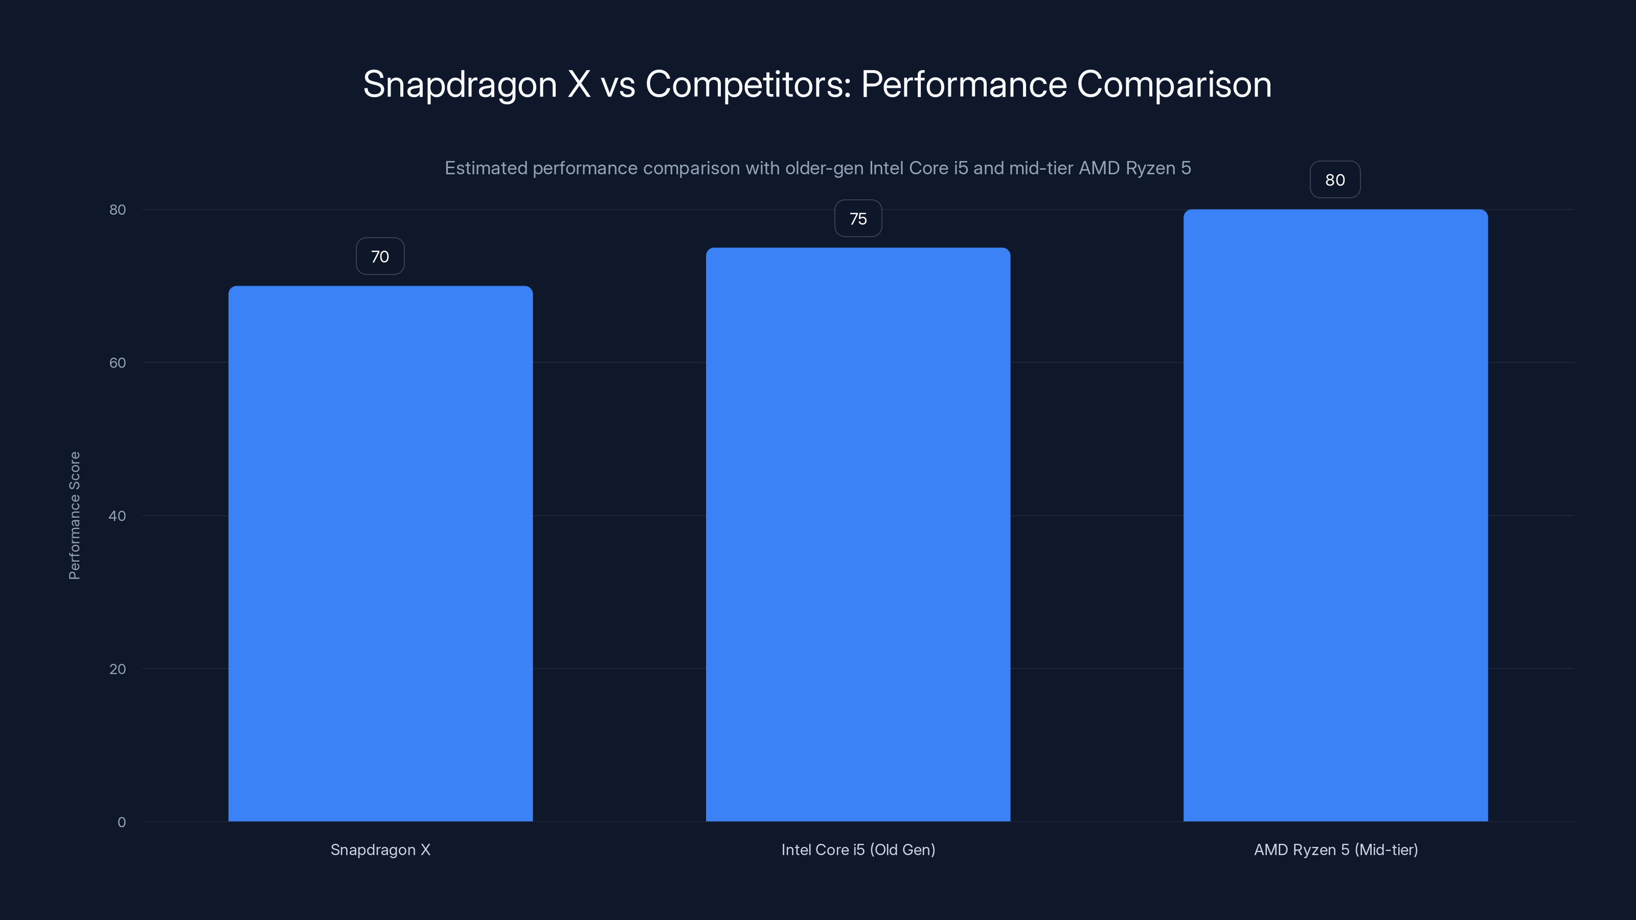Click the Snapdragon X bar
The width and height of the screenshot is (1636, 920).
(x=380, y=553)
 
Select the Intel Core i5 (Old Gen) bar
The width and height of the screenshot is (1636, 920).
(x=858, y=533)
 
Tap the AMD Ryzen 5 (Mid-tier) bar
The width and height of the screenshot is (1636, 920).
(x=1335, y=514)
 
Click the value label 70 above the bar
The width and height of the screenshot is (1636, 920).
(x=380, y=257)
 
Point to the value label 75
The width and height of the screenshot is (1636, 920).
(x=858, y=218)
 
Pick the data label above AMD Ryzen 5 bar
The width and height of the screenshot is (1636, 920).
(x=1335, y=180)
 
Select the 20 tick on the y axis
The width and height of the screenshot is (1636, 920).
(x=118, y=669)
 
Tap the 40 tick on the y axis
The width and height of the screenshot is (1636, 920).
(x=118, y=516)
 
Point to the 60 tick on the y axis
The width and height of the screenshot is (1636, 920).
(x=118, y=362)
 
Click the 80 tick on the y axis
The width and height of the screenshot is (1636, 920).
(x=118, y=210)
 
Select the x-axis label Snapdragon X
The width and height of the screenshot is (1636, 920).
(x=380, y=849)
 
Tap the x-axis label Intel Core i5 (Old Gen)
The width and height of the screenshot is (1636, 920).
(x=858, y=849)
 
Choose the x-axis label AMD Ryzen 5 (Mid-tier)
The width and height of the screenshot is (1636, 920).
(x=1335, y=849)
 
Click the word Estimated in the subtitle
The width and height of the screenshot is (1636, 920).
(x=486, y=168)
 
